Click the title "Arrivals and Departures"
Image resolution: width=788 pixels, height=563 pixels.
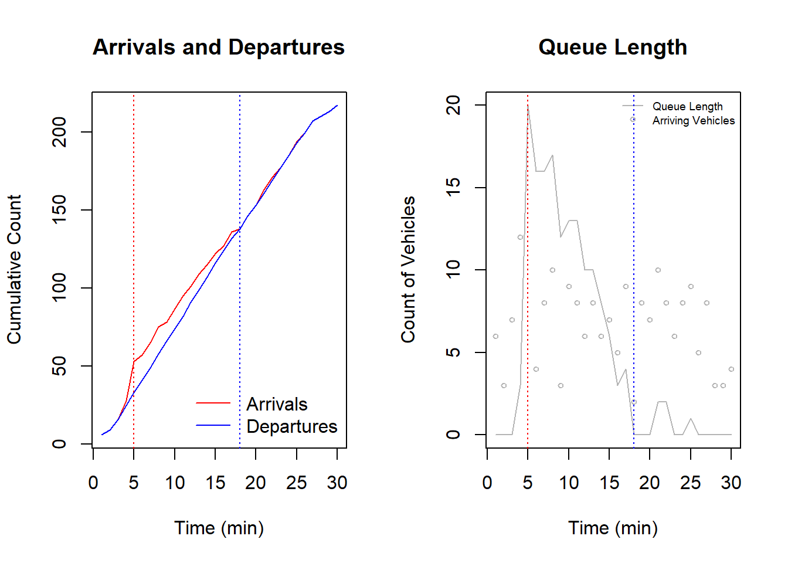coord(218,48)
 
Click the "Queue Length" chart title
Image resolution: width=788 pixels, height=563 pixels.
coord(612,48)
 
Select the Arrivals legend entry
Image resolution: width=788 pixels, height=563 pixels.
coord(276,404)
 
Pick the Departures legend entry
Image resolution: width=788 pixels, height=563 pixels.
coord(291,426)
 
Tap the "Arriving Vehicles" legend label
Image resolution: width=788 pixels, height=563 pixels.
coord(693,121)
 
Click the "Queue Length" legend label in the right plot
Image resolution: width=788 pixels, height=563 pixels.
coord(687,106)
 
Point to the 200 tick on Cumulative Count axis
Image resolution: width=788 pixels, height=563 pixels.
coord(59,132)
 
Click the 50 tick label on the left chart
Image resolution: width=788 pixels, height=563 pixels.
coord(59,367)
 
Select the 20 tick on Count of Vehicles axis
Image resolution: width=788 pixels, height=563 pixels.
coord(453,106)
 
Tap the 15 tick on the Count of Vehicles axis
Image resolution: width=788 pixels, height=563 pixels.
coord(453,188)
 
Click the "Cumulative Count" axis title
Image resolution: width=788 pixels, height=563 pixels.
coord(14,269)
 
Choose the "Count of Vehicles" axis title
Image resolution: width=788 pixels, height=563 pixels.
coord(408,269)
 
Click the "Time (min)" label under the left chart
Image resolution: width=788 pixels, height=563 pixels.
coord(219,528)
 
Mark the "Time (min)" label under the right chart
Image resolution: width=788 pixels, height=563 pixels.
coord(613,528)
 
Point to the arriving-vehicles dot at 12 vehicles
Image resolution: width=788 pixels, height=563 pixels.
coord(520,238)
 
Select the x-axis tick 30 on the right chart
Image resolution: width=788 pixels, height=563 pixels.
coord(731,483)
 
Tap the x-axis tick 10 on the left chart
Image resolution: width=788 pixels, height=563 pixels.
coord(175,483)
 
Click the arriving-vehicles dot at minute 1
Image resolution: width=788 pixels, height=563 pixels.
coord(495,336)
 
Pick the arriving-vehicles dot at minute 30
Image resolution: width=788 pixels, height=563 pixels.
coord(731,369)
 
